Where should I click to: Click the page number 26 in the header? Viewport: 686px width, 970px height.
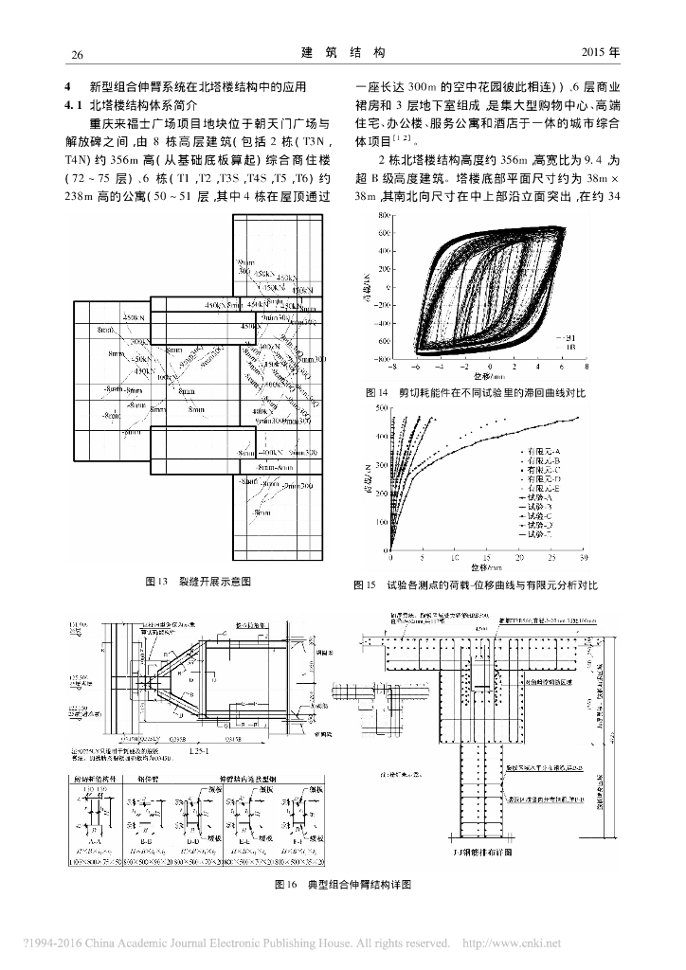tap(79, 53)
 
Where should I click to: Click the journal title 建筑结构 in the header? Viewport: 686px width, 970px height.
tap(342, 52)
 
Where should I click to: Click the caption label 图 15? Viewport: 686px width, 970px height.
tap(365, 585)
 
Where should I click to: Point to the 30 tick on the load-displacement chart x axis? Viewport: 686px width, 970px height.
tap(583, 558)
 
